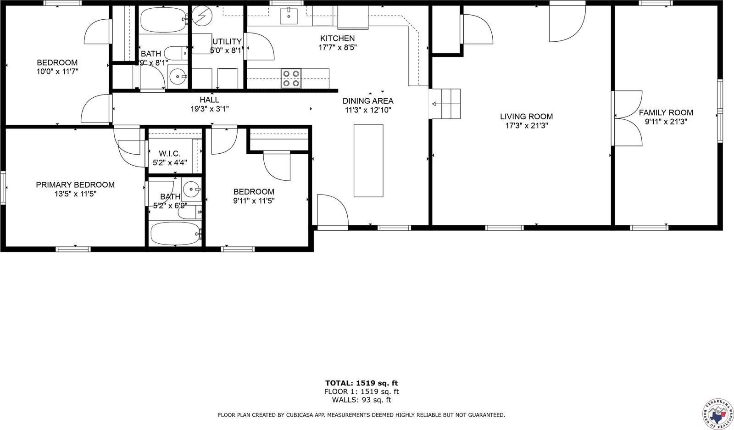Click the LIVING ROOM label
click(x=526, y=117)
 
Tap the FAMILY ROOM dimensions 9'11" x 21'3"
click(x=666, y=122)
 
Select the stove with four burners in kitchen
click(x=291, y=78)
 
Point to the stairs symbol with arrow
click(x=445, y=104)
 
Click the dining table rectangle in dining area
click(x=368, y=160)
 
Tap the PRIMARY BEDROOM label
click(x=75, y=184)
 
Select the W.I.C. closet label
click(x=170, y=153)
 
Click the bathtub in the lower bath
click(x=175, y=234)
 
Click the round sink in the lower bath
click(x=191, y=189)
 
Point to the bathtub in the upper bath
click(x=163, y=19)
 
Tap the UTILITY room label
click(x=226, y=42)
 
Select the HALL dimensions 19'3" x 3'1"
click(x=209, y=109)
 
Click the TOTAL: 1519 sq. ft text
click(x=361, y=383)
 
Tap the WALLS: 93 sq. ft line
click(x=361, y=400)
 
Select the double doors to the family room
click(x=627, y=118)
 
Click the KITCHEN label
click(x=337, y=39)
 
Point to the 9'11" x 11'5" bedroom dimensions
click(x=254, y=201)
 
